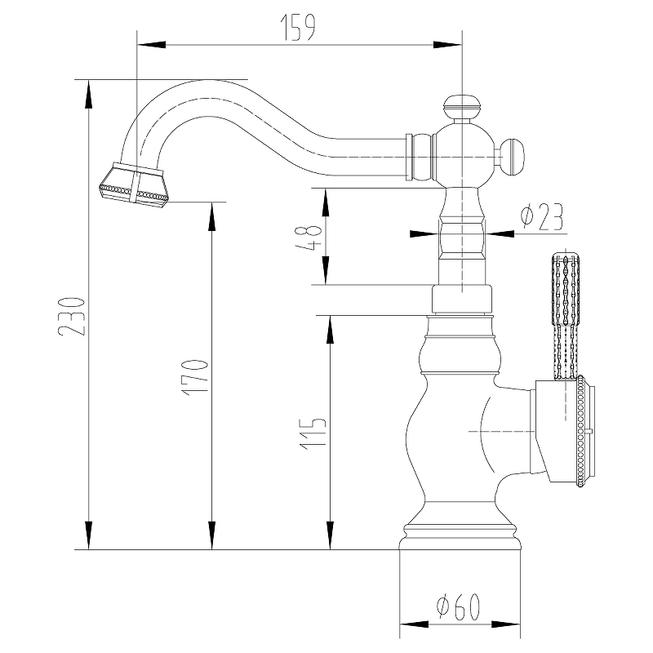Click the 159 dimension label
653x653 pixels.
point(299,28)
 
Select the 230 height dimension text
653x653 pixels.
point(72,317)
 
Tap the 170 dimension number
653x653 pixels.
point(194,377)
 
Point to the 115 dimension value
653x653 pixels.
point(313,433)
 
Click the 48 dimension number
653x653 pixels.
point(309,238)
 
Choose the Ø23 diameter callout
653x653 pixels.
point(542,217)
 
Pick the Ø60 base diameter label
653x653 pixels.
point(459,606)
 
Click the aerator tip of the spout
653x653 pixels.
point(135,184)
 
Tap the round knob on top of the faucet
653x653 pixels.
point(462,107)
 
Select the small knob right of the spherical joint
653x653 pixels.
point(513,158)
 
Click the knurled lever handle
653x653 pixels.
point(566,316)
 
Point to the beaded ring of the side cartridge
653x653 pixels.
point(581,431)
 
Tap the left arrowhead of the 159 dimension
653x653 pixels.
point(152,45)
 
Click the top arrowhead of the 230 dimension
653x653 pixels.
point(88,95)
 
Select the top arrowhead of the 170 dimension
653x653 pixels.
point(212,216)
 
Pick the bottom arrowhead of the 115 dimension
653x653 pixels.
point(331,535)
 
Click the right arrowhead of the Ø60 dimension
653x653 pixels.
point(505,624)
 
